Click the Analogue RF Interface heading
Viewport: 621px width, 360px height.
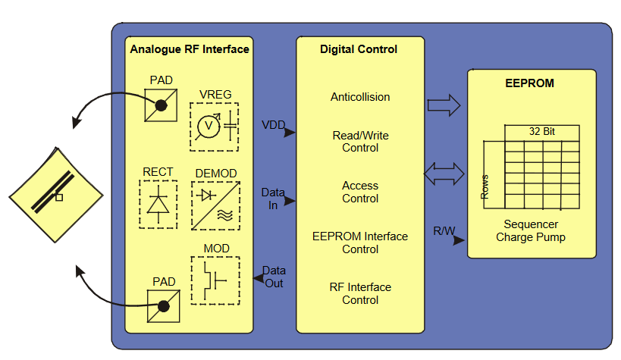tap(190, 49)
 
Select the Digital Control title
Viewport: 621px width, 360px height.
tap(359, 49)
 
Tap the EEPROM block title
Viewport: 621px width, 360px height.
tap(529, 83)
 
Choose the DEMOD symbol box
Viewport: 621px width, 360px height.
tap(215, 205)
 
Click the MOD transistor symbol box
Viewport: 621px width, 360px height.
tap(215, 280)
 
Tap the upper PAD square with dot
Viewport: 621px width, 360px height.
tap(162, 105)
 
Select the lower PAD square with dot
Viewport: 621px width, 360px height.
tap(162, 307)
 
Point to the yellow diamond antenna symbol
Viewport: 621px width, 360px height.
tap(56, 190)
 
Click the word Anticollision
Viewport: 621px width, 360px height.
tap(360, 97)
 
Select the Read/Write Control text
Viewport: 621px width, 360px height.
tap(360, 142)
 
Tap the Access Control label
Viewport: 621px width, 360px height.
tap(360, 193)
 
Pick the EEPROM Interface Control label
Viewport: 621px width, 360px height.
tap(360, 243)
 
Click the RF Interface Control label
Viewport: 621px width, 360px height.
tap(360, 293)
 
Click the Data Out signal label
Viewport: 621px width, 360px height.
tap(274, 277)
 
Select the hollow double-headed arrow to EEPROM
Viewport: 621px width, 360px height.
tap(444, 174)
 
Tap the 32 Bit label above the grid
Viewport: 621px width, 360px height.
tap(541, 132)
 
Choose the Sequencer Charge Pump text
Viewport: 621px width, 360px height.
tap(531, 231)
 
